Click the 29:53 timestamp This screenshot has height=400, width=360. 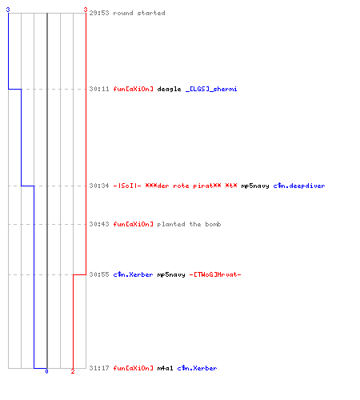[99, 13]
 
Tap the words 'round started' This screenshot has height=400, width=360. [139, 13]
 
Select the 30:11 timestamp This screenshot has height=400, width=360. [99, 89]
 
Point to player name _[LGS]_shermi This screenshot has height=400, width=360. [211, 89]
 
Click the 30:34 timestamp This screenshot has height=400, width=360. [99, 186]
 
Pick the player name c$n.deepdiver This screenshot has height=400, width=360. [299, 186]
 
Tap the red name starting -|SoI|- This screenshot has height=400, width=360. [175, 186]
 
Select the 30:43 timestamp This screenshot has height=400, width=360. [99, 224]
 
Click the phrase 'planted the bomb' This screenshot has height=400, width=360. [189, 224]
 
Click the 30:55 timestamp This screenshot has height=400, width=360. [99, 274]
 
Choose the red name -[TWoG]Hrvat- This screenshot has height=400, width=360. [215, 274]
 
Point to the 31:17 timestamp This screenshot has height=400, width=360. [99, 368]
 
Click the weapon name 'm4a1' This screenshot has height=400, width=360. [165, 368]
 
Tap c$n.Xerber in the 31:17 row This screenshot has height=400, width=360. [197, 368]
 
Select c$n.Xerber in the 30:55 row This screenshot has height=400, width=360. [133, 274]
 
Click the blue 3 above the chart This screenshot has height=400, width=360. [8, 10]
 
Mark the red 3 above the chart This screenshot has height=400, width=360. [86, 10]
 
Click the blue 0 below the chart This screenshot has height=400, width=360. [46, 371]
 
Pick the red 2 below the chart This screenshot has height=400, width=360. [73, 371]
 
